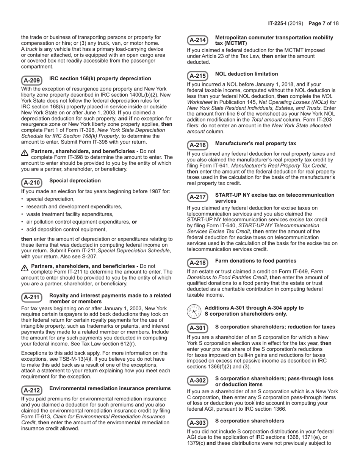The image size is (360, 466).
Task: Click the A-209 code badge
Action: pyautogui.click(x=31, y=80)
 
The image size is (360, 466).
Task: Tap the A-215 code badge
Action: pyautogui.click(x=197, y=76)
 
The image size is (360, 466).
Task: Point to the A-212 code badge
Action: pyautogui.click(x=31, y=390)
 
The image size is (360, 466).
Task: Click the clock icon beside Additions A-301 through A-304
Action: pyautogui.click(x=194, y=311)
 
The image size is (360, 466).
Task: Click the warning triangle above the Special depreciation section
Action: pyautogui.click(x=25, y=153)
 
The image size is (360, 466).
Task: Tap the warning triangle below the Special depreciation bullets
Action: pyautogui.click(x=25, y=268)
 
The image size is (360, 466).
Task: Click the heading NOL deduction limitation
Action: pyautogui.click(x=246, y=74)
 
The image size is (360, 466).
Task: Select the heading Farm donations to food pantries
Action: pyautogui.click(x=255, y=261)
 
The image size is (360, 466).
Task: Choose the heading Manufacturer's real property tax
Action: pyautogui.click(x=255, y=143)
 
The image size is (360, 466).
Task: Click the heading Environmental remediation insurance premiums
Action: pyautogui.click(x=110, y=388)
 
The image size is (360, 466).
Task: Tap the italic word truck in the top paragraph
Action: pyautogui.click(x=31, y=49)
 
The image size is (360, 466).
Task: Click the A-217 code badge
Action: pyautogui.click(x=197, y=197)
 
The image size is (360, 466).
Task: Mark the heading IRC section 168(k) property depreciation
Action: pyautogui.click(x=100, y=78)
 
